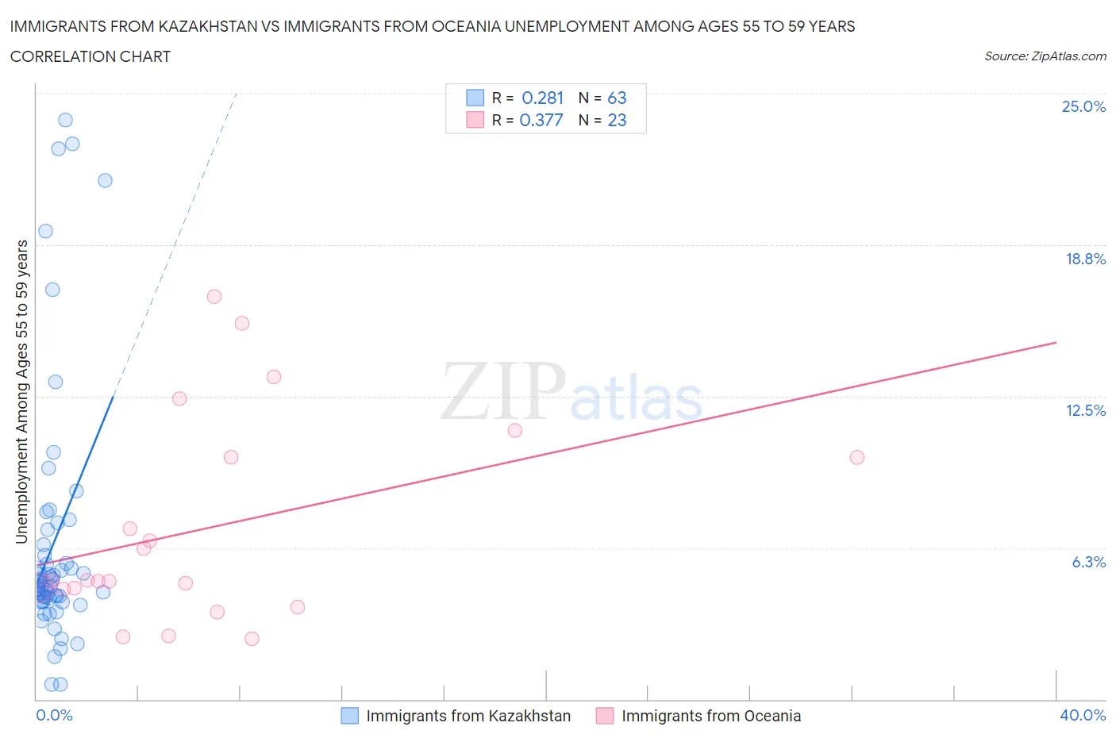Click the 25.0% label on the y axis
[x=1083, y=106]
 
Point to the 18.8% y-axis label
[x=1085, y=259]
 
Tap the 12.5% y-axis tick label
[x=1085, y=410]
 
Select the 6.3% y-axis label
[x=1088, y=562]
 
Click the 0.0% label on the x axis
[x=54, y=715]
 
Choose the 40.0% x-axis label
[x=1083, y=715]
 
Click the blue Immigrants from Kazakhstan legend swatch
[x=349, y=716]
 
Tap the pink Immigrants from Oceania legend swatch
[x=605, y=716]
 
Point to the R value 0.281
[x=542, y=98]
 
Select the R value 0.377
[x=541, y=120]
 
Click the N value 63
[x=617, y=98]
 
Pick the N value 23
[x=617, y=120]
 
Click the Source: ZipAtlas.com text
[x=1045, y=56]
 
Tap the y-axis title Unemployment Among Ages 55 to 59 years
[x=21, y=392]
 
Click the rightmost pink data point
[x=856, y=457]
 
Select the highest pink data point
[x=214, y=297]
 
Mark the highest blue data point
[x=65, y=120]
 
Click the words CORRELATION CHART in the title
[x=90, y=56]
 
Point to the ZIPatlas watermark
[x=571, y=392]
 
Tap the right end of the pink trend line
[x=1056, y=342]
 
